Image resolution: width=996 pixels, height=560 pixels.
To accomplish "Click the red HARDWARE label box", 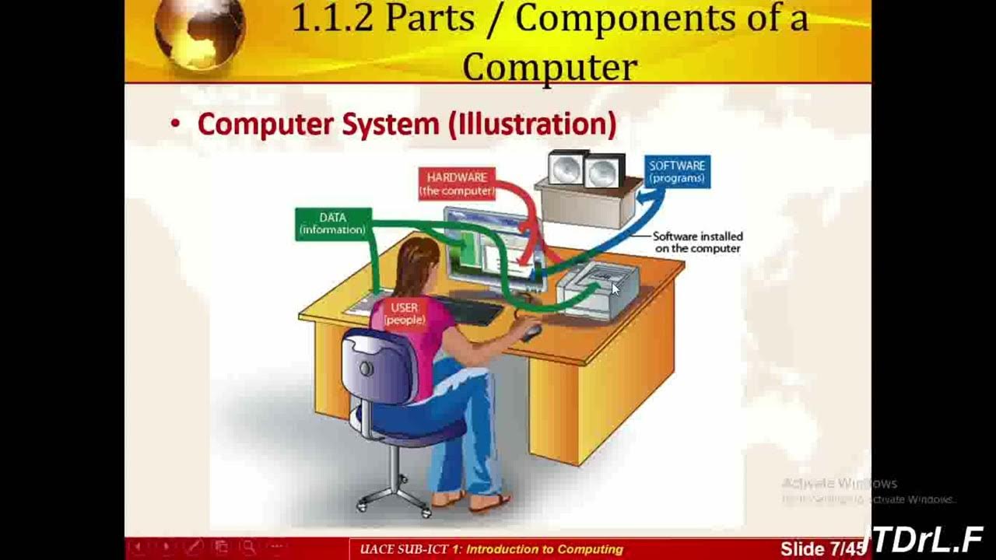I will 457,184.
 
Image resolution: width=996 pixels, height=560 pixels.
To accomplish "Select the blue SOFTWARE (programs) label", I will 677,172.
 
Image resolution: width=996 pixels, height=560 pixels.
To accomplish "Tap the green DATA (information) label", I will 332,224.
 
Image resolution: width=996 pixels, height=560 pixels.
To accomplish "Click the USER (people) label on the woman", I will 404,313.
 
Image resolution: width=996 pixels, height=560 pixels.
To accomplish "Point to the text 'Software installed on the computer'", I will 697,242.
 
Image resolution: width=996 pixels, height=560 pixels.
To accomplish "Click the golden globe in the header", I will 199,31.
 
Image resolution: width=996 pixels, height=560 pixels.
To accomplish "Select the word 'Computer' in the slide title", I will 549,67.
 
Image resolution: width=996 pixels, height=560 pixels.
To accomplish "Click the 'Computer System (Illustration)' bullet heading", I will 406,124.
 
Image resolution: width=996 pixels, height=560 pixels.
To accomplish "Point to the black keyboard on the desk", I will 471,310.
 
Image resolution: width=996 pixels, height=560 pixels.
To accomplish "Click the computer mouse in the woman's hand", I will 531,332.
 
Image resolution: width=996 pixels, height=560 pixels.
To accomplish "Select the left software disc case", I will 567,169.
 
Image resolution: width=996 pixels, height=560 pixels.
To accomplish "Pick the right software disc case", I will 604,171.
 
